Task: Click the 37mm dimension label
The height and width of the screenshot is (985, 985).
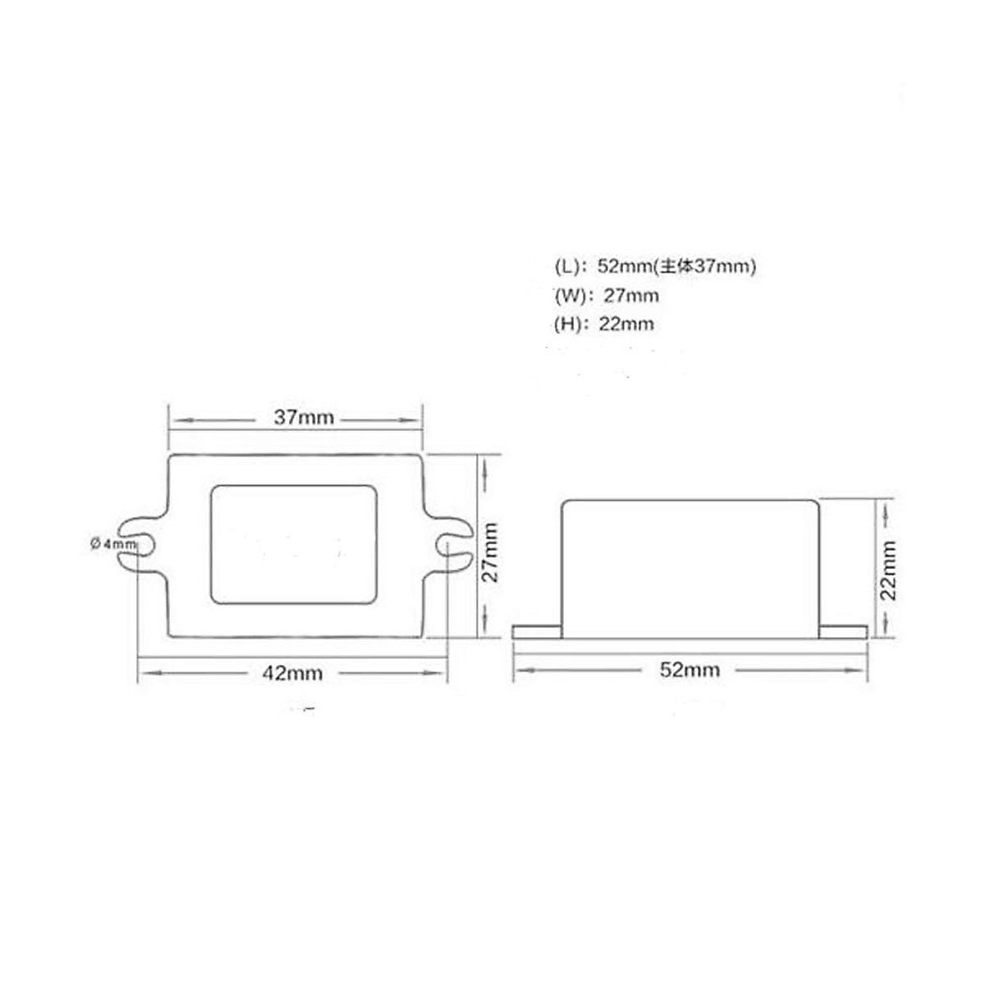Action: tap(304, 418)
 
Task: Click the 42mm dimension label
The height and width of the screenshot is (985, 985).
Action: tap(292, 673)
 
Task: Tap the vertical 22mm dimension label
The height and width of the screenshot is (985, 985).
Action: tap(889, 570)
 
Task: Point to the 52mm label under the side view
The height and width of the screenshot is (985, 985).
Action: tap(689, 670)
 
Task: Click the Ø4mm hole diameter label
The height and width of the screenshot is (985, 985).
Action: tap(113, 543)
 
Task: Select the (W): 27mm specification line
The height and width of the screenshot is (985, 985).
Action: tap(607, 295)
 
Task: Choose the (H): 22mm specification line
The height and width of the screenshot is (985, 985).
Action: tap(604, 324)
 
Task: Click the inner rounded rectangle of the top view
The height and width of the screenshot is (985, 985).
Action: tap(294, 544)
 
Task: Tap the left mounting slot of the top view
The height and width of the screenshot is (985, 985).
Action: tap(140, 543)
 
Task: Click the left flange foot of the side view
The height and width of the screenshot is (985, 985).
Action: tap(537, 631)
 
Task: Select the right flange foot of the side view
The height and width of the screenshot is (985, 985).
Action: tap(843, 631)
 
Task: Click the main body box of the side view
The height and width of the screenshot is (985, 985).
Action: tap(690, 569)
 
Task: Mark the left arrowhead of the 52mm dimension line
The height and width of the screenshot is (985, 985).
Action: tap(520, 671)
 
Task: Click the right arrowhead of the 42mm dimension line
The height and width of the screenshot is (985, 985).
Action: tap(441, 673)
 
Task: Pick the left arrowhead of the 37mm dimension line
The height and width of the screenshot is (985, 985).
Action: tap(175, 419)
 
